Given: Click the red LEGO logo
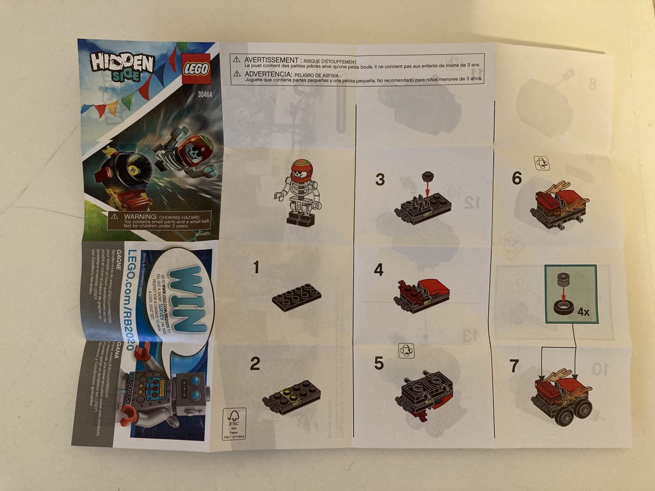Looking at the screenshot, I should [196, 69].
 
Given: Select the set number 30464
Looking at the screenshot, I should [205, 95].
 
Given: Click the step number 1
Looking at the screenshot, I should [256, 268].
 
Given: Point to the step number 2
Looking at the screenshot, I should [255, 364].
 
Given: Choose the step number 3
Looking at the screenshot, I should [380, 179].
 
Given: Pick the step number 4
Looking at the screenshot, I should [379, 270].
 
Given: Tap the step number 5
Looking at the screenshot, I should [379, 363].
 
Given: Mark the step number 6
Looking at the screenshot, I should [517, 178].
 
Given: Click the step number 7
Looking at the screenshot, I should [514, 366].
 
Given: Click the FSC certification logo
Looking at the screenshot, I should [234, 424].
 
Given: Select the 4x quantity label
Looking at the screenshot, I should [583, 312].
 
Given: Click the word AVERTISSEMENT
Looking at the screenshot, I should [271, 61].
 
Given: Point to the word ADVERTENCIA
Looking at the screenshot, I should [268, 74].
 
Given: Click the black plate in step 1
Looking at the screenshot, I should [297, 295].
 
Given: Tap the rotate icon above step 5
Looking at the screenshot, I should [406, 351].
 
